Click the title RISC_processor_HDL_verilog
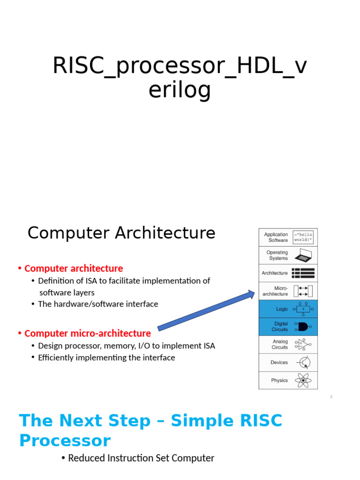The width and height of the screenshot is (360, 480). (180, 78)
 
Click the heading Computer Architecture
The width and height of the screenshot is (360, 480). (121, 233)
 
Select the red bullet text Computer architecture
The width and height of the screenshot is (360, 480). (74, 269)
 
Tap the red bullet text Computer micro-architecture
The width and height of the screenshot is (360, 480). (88, 333)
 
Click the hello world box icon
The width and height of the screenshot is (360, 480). (303, 237)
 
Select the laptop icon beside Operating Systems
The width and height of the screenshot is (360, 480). (303, 255)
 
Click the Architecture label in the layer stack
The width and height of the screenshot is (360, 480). (275, 273)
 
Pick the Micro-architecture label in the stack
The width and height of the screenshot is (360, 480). (276, 291)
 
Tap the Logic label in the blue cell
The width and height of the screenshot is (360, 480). (282, 309)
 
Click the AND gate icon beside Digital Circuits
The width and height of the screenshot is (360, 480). (302, 327)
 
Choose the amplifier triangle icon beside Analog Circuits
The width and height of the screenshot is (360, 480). (303, 345)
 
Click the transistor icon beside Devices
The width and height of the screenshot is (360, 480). (303, 362)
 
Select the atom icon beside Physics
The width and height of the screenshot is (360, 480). (303, 380)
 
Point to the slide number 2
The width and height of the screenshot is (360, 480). (331, 397)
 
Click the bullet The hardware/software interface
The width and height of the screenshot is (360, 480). (98, 304)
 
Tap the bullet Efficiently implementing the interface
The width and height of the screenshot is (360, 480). (106, 358)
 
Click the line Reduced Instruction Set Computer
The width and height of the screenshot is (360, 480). (141, 458)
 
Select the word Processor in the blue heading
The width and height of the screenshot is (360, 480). (65, 441)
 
